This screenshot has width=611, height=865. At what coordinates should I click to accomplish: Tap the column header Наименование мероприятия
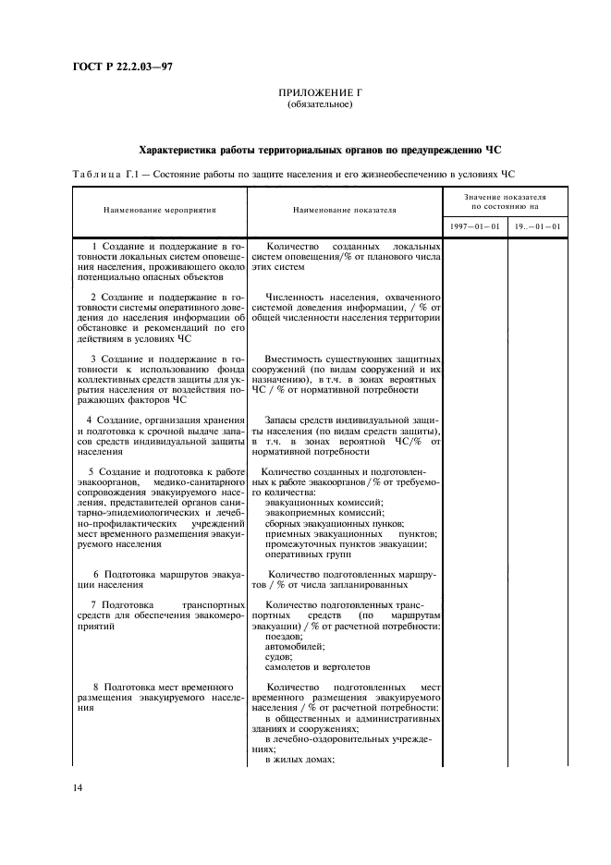point(159,211)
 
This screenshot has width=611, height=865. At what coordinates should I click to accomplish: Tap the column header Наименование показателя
point(345,211)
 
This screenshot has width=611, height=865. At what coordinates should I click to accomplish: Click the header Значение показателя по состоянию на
point(504,201)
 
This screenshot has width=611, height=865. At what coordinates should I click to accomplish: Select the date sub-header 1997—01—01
point(475,226)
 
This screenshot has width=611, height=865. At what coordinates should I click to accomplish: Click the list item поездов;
point(283,638)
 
